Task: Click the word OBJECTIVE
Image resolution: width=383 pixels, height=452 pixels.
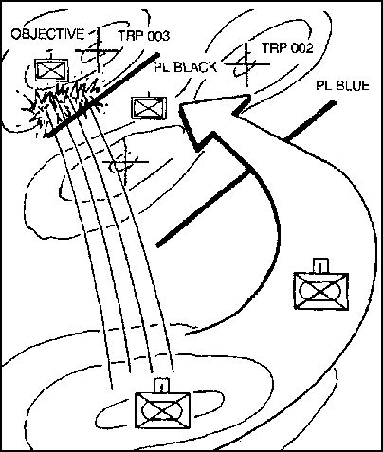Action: pos(47,34)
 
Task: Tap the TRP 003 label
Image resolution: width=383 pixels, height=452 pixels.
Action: pos(144,36)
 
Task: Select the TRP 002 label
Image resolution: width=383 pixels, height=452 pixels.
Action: pos(287,48)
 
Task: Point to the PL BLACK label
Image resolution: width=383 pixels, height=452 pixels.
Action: pos(186,67)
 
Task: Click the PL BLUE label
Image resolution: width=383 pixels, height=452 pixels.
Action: pos(343,85)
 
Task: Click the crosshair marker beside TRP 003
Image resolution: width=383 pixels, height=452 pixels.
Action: pos(99,50)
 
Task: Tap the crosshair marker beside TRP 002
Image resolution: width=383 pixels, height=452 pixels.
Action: pos(246,64)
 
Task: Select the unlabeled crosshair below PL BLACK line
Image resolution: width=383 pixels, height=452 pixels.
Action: pos(126,162)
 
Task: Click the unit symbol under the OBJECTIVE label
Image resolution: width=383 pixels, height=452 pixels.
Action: pos(51,70)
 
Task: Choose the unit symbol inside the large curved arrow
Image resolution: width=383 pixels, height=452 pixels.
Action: pos(321,289)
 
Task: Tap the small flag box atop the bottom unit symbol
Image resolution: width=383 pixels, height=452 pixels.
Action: pos(160,386)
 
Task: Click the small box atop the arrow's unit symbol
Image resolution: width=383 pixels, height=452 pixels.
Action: pos(320,266)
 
